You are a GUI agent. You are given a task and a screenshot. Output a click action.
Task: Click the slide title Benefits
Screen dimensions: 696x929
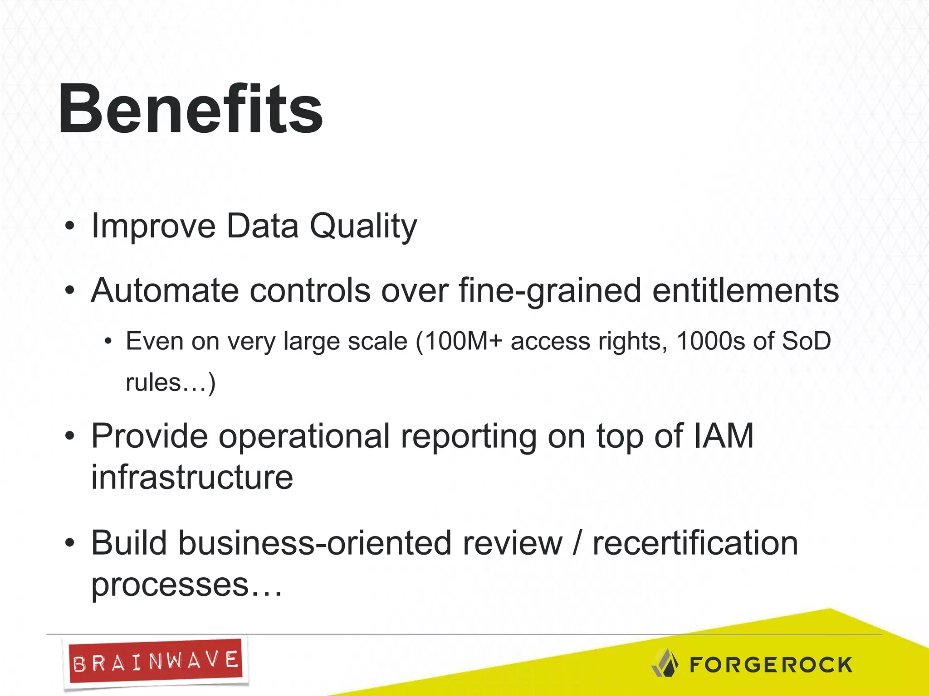pyautogui.click(x=191, y=110)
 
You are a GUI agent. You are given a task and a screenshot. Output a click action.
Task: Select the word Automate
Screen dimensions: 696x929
pyautogui.click(x=165, y=290)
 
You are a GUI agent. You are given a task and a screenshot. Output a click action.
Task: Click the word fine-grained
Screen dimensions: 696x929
pyautogui.click(x=549, y=290)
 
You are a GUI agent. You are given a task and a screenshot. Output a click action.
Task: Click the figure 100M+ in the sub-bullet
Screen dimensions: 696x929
pyautogui.click(x=463, y=341)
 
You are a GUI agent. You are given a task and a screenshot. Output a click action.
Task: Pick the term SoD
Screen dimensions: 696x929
pyautogui.click(x=806, y=341)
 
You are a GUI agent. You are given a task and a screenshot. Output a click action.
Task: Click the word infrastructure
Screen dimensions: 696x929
pyautogui.click(x=192, y=478)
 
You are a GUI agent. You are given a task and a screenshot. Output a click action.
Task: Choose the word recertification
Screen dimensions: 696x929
pyautogui.click(x=695, y=543)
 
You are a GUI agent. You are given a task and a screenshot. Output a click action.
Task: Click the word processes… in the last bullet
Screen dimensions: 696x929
pyautogui.click(x=186, y=585)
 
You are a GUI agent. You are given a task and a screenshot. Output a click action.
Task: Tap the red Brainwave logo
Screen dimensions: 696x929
pyautogui.click(x=155, y=662)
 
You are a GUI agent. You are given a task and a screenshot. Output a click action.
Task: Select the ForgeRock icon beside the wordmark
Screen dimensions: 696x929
pyautogui.click(x=665, y=663)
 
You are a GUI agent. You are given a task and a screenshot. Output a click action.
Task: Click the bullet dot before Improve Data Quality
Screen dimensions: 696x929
pyautogui.click(x=69, y=226)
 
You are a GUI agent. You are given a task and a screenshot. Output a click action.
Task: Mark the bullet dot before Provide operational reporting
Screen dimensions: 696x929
pyautogui.click(x=69, y=436)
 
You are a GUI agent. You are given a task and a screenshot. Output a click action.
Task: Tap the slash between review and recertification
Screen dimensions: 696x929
pyautogui.click(x=577, y=543)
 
